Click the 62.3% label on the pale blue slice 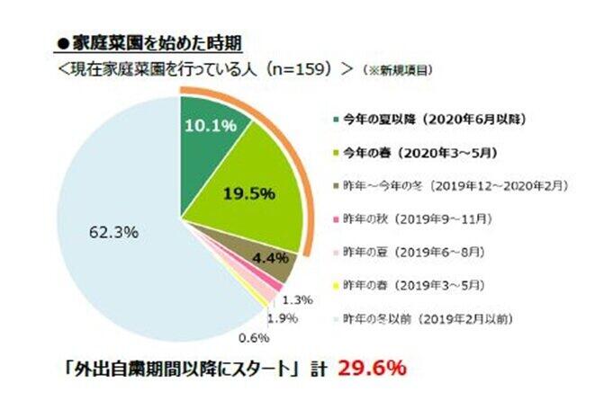pyautogui.click(x=113, y=232)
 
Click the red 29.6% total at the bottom pyautogui.click(x=373, y=368)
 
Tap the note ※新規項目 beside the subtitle pyautogui.click(x=393, y=68)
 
